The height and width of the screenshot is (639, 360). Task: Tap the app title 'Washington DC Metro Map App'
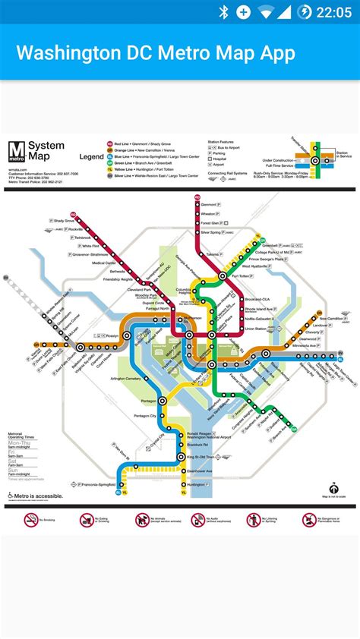156,53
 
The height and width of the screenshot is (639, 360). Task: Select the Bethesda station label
117,271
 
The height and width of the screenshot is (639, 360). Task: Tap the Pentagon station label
149,401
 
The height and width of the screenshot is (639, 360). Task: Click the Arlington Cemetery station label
126,378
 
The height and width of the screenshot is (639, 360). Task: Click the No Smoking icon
31,520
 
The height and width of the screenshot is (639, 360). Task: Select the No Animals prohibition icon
143,520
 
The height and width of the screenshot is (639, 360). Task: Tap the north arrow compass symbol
333,489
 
